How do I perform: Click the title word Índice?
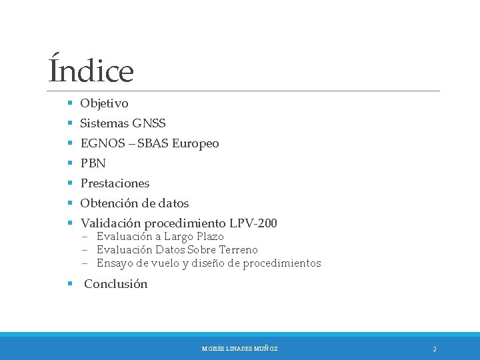click(91, 71)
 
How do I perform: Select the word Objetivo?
click(104, 103)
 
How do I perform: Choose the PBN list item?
click(93, 163)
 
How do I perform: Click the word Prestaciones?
click(115, 183)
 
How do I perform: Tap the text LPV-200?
click(253, 223)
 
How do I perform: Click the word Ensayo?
click(114, 263)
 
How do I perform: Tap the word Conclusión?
click(115, 284)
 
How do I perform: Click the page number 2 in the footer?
click(434, 349)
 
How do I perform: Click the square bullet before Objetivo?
click(69, 103)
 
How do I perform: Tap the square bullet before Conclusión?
click(69, 284)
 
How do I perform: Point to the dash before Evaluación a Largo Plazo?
click(86, 237)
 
